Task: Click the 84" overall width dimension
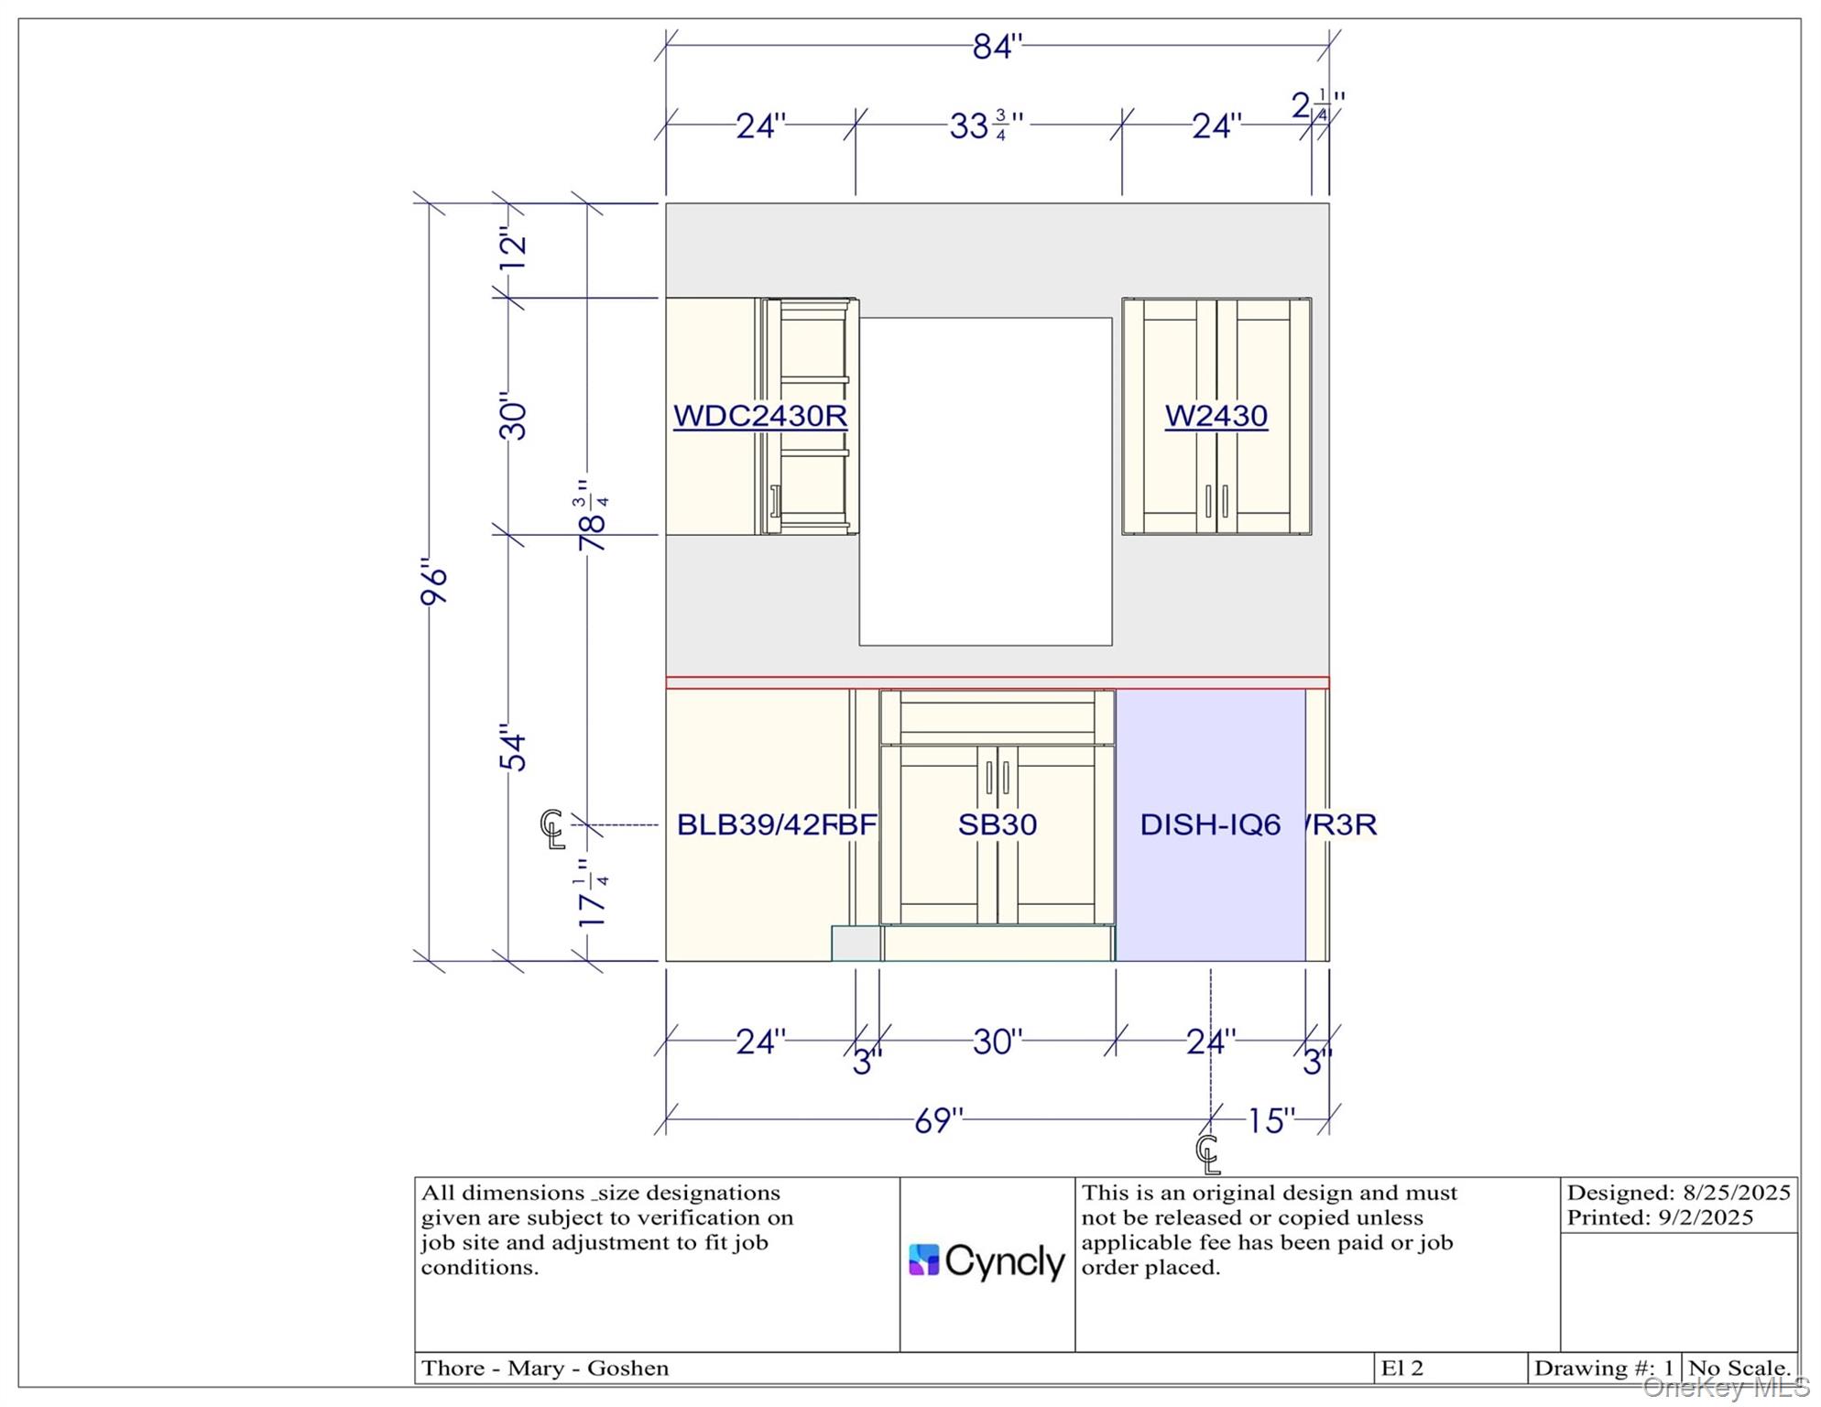click(x=997, y=46)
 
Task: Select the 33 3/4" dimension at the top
click(x=986, y=125)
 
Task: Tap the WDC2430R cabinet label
click(x=760, y=416)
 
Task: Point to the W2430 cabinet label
click(x=1216, y=416)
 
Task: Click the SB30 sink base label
click(x=998, y=824)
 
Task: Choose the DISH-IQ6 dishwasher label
click(x=1210, y=824)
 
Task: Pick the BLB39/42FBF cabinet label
click(x=777, y=824)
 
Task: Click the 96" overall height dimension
click(x=433, y=581)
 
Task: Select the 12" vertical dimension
click(x=514, y=248)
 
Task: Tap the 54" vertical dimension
click(x=514, y=747)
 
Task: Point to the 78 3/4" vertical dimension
click(x=593, y=516)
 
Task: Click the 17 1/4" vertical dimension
click(x=593, y=893)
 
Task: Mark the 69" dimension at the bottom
click(x=939, y=1120)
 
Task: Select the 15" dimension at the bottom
click(x=1271, y=1120)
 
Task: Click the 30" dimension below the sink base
click(x=998, y=1042)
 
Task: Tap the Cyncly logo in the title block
click(x=987, y=1261)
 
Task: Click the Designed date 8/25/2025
click(x=1737, y=1193)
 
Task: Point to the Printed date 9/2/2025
click(x=1706, y=1217)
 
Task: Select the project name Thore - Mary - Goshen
click(x=545, y=1368)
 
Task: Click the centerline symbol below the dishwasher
click(x=1208, y=1154)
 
